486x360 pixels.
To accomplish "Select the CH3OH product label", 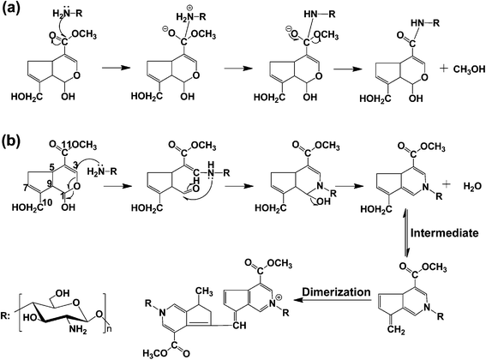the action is (469, 69).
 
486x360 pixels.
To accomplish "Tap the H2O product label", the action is (472, 186).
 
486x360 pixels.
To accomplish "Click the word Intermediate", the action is (445, 233).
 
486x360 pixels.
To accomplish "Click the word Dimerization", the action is (336, 292).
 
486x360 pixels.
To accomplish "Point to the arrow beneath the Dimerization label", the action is (333, 300).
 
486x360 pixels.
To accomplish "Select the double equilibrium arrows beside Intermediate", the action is (406, 233).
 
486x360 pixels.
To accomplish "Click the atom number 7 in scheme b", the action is (26, 188).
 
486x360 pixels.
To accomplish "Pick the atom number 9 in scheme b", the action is (48, 184).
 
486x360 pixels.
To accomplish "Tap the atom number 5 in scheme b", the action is (52, 167).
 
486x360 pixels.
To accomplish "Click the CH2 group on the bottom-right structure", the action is (397, 331).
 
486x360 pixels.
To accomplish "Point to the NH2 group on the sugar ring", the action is (77, 329).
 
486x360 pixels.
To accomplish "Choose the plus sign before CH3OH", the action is (444, 69).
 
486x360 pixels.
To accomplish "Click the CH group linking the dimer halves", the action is (239, 325).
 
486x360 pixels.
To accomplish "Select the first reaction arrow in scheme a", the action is (116, 68).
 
